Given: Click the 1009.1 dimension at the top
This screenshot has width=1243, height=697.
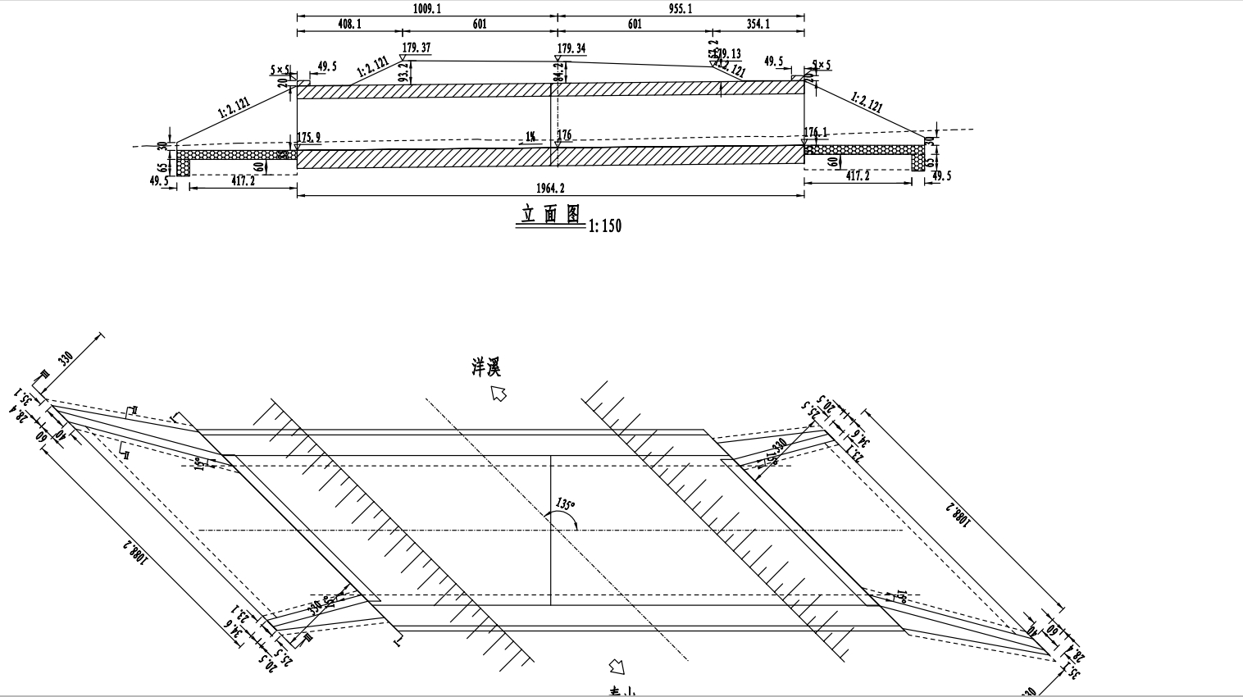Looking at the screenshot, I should click(426, 8).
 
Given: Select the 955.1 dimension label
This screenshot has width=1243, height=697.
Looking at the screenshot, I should click(681, 8).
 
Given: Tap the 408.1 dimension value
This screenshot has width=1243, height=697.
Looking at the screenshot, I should click(349, 25).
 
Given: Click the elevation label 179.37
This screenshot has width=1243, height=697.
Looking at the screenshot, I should click(417, 48).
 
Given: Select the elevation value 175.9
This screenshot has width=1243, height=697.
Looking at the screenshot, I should click(309, 137).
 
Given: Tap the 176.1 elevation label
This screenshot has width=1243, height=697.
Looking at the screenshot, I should click(816, 132).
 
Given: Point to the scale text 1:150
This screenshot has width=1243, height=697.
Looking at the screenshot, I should click(605, 226).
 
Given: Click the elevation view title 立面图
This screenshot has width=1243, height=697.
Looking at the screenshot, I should click(550, 215).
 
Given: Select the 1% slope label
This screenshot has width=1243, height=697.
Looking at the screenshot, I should click(530, 137).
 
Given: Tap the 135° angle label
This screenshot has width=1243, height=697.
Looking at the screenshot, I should click(565, 503).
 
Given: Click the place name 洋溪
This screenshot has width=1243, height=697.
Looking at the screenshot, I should click(485, 367).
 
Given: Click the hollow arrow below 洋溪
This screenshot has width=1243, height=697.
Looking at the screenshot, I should click(499, 394).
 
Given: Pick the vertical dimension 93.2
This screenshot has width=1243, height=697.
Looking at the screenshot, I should click(403, 73).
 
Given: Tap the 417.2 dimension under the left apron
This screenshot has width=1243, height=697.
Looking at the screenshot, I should click(243, 181).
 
